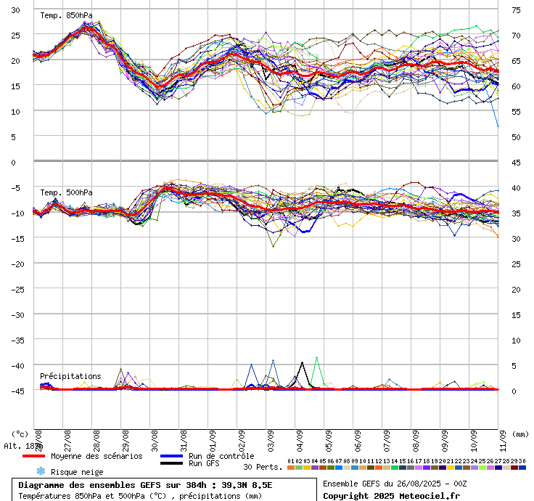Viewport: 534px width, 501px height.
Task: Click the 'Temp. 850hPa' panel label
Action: [x=61, y=15]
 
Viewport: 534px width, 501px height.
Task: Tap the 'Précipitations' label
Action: [x=70, y=376]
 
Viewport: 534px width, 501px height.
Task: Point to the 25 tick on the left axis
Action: [x=15, y=35]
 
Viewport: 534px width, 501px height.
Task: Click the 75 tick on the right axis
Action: [x=516, y=10]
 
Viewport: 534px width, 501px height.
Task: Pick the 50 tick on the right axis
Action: [x=516, y=137]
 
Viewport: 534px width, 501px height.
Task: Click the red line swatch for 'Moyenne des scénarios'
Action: [x=33, y=456]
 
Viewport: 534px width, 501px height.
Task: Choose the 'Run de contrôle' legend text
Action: [x=221, y=456]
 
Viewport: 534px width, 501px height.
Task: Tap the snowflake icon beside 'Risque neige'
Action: [x=41, y=471]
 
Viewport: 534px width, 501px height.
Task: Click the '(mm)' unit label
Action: [x=520, y=434]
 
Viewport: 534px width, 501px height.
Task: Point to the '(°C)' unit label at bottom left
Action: [x=20, y=434]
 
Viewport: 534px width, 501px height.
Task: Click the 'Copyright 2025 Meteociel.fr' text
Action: [x=391, y=496]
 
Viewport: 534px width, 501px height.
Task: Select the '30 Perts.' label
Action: [x=263, y=467]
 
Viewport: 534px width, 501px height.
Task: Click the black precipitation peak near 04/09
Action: [x=302, y=362]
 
